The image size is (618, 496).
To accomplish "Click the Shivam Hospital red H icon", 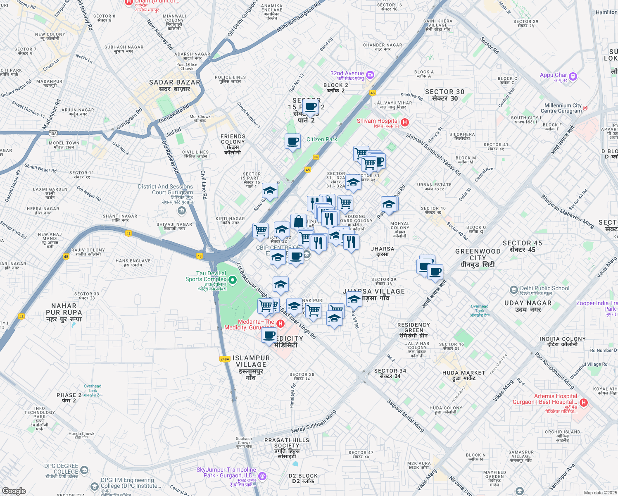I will [x=405, y=122].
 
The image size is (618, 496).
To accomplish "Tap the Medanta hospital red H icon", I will [x=280, y=324].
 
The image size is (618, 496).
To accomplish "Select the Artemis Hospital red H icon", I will [x=584, y=402].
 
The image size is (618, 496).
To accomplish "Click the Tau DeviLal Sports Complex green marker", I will [x=233, y=281].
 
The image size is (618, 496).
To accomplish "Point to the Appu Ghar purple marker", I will [x=573, y=76].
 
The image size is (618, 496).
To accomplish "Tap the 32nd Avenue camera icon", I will [x=370, y=75].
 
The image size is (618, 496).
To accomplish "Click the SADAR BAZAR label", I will [x=175, y=86].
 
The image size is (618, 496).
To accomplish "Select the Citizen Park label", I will [x=322, y=140].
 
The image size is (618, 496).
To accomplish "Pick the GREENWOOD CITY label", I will [x=478, y=258].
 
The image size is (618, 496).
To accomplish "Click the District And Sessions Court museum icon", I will [x=181, y=211].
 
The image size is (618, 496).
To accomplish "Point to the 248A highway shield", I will [x=225, y=359].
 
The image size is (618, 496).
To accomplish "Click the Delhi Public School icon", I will [x=513, y=289].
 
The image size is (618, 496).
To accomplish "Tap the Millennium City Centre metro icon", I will [x=585, y=108].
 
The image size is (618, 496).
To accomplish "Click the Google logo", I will [x=14, y=491].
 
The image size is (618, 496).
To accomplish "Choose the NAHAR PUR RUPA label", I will [x=64, y=312].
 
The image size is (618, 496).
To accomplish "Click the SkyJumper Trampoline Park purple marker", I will [x=262, y=476].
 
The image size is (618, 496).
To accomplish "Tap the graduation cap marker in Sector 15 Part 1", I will [x=270, y=191].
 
